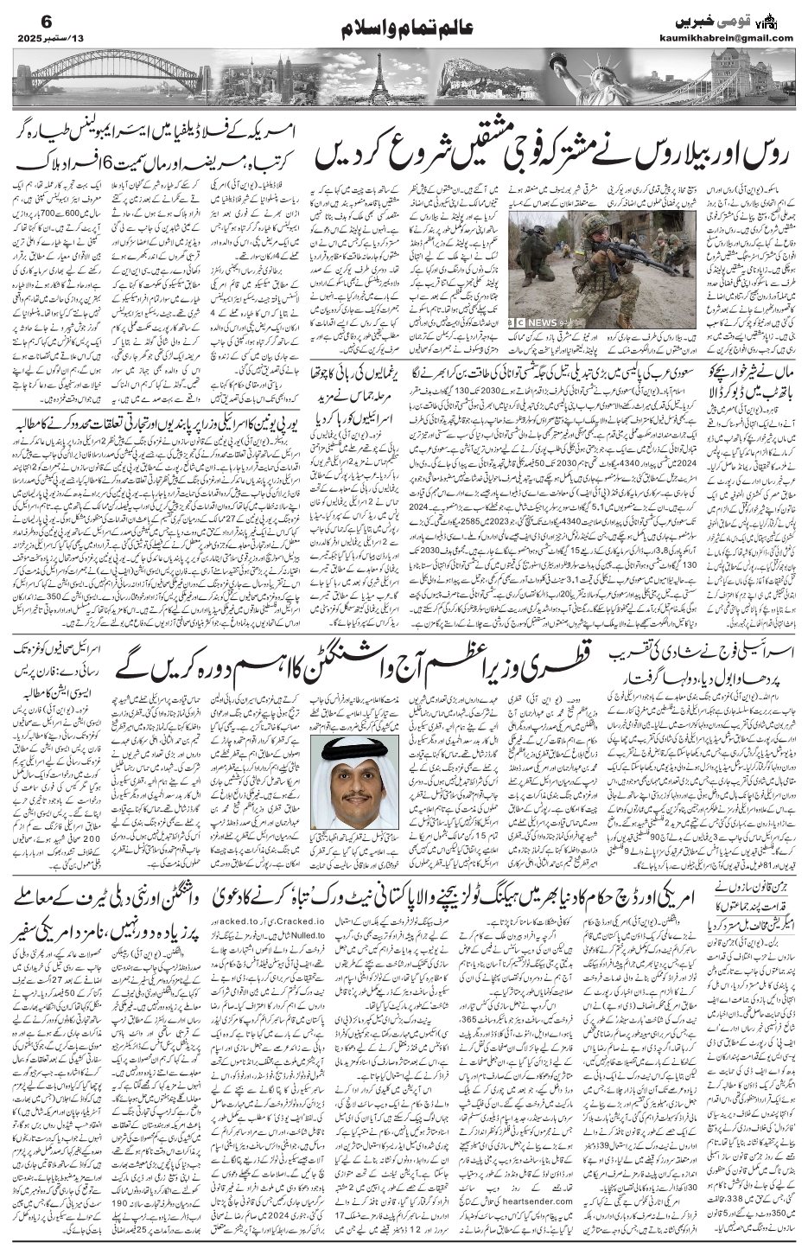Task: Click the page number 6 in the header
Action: point(24,18)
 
